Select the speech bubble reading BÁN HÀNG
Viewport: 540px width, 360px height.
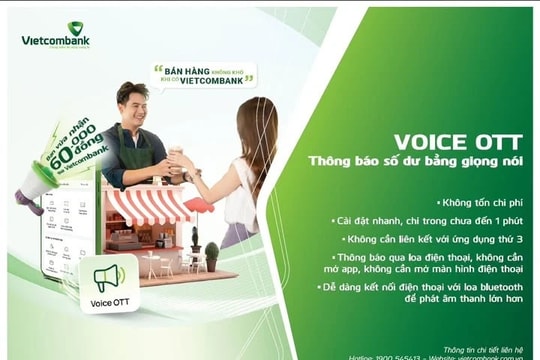203,75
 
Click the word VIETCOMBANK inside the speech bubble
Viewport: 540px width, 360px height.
214,80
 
